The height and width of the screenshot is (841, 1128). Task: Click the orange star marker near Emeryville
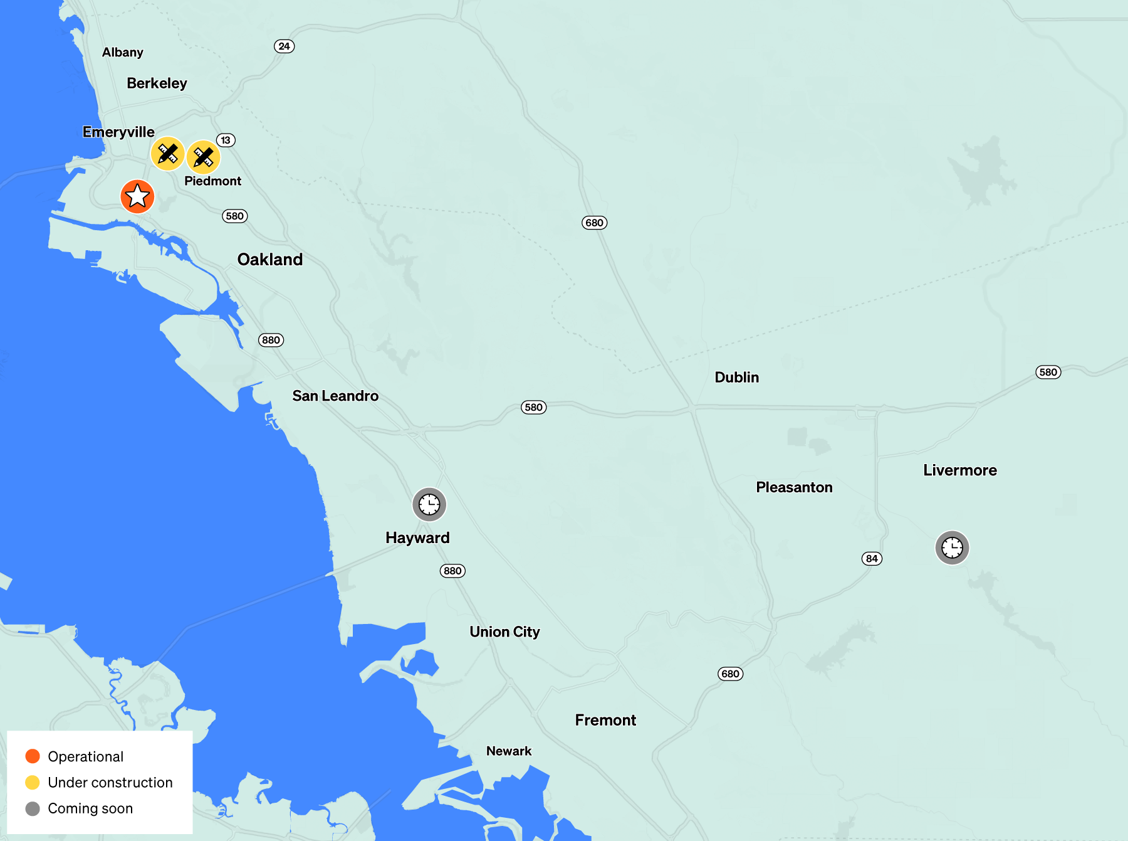pyautogui.click(x=137, y=196)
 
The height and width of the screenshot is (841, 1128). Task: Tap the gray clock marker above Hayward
pyautogui.click(x=429, y=504)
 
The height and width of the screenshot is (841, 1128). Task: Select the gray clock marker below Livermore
pyautogui.click(x=952, y=547)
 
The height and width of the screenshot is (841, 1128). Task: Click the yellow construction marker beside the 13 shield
pyautogui.click(x=203, y=157)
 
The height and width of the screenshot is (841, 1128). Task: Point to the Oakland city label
pyautogui.click(x=269, y=260)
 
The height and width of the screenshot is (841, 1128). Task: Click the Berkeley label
pyautogui.click(x=157, y=83)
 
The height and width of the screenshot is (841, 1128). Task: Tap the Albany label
pyautogui.click(x=123, y=53)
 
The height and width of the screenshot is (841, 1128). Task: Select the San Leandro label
pyautogui.click(x=335, y=396)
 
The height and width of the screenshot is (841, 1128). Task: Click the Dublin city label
pyautogui.click(x=736, y=377)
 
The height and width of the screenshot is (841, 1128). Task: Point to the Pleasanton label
pyautogui.click(x=794, y=487)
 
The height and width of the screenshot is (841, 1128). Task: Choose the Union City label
pyautogui.click(x=504, y=632)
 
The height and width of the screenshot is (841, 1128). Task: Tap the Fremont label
pyautogui.click(x=605, y=720)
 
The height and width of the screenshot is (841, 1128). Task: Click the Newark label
pyautogui.click(x=508, y=751)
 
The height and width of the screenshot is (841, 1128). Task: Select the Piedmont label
pyautogui.click(x=212, y=181)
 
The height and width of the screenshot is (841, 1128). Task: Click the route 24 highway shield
pyautogui.click(x=284, y=46)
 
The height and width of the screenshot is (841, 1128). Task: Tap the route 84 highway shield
pyautogui.click(x=872, y=559)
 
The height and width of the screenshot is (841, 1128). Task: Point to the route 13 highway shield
pyautogui.click(x=226, y=140)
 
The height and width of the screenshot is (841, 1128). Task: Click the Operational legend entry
pyautogui.click(x=85, y=756)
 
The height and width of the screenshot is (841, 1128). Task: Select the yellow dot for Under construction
pyautogui.click(x=33, y=782)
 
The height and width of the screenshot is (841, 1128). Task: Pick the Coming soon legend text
pyautogui.click(x=90, y=808)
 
